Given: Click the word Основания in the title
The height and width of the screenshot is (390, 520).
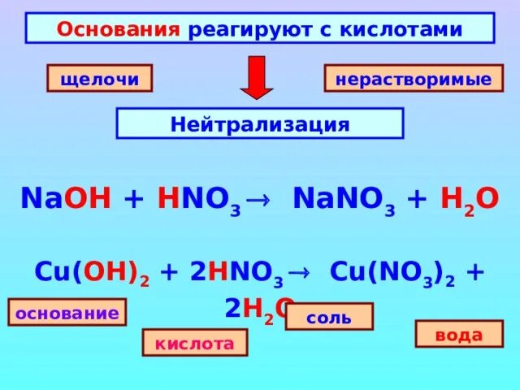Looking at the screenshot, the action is click(117, 29).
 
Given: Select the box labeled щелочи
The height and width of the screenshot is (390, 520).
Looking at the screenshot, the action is click(99, 79).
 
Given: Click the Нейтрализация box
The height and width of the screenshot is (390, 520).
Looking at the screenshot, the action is click(260, 124).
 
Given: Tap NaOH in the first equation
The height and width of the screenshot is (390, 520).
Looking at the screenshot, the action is click(66, 199).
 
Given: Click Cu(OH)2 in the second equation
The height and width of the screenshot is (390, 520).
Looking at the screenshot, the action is click(92, 273).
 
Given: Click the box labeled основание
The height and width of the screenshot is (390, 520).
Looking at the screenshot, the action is click(67, 312).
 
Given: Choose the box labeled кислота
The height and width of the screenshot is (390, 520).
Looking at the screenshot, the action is click(195, 343).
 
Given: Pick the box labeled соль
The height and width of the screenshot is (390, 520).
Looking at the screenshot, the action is click(328, 316).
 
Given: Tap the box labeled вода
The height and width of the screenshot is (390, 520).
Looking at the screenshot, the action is click(459, 334).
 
